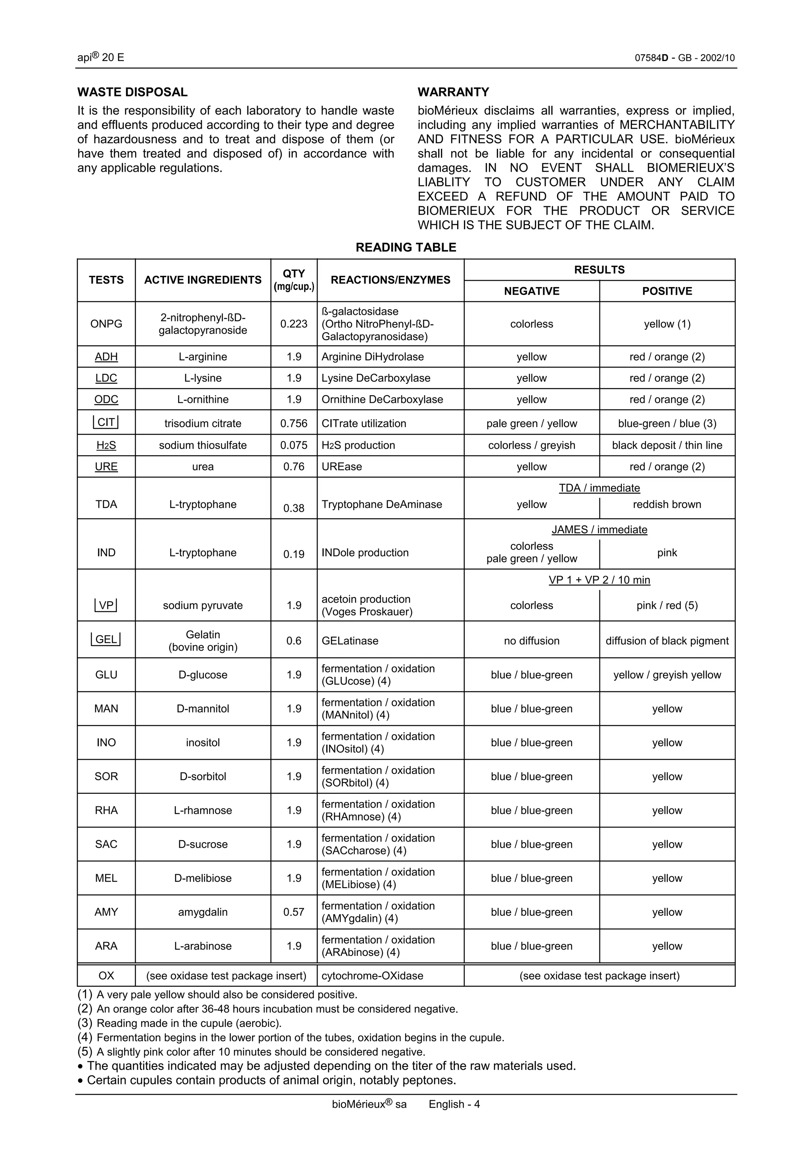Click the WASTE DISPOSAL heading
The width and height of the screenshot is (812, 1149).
coord(132,92)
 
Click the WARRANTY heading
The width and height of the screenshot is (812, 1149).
coord(453,92)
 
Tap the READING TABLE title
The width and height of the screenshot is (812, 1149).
coord(406,247)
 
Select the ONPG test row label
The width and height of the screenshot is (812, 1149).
coord(106,324)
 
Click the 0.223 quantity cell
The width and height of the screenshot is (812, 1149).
coord(294,324)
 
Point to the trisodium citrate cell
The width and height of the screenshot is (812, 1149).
coord(203,423)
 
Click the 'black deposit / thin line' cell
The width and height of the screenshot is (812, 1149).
coord(667,445)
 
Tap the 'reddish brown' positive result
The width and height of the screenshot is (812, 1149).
coord(667,504)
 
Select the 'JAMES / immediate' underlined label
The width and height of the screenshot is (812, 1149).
coord(599,529)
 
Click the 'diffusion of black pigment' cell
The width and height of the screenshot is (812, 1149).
coord(667,641)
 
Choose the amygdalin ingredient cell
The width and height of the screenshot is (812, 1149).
coord(203,912)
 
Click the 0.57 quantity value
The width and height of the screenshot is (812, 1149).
coord(294,912)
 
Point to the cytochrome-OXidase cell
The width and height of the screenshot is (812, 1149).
coord(372,975)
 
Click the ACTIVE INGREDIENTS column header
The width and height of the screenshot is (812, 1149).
coord(203,280)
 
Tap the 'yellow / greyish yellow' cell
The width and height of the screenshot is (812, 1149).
coord(667,674)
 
